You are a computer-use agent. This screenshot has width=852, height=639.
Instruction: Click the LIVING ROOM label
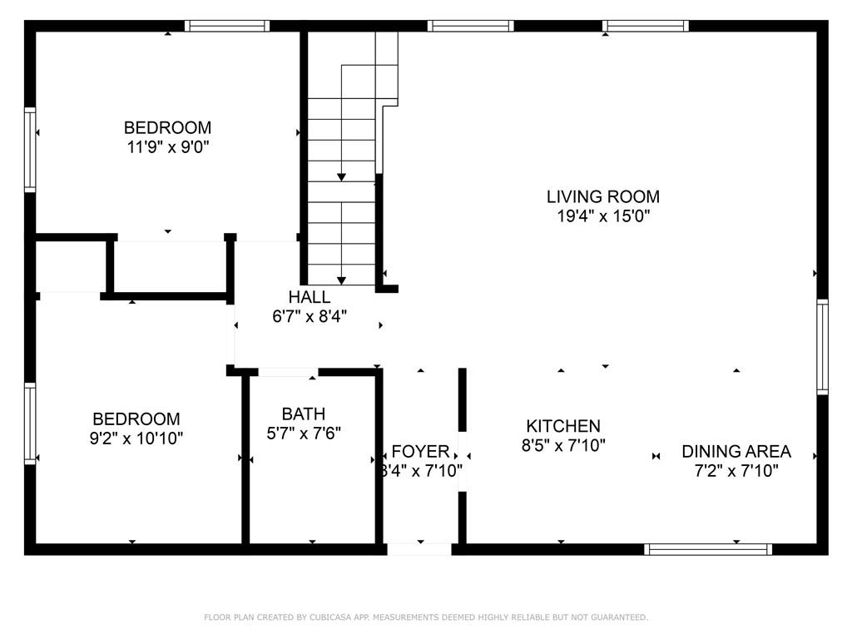pos(602,197)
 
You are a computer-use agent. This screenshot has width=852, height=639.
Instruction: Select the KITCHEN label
pos(562,426)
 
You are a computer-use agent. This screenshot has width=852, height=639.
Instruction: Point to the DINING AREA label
pos(736,452)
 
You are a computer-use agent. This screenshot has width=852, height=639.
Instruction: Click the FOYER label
pos(420,452)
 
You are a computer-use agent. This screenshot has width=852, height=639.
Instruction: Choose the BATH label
pos(303,414)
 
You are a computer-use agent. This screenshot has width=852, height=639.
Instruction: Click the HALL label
pos(309,297)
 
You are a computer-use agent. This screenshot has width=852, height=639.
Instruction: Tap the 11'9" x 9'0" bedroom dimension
pos(167,147)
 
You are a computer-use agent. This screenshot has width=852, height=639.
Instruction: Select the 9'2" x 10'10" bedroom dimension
pos(136,438)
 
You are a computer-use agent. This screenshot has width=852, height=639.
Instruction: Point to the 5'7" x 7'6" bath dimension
pos(303,433)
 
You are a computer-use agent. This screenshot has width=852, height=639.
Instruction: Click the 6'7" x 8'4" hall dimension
pos(309,316)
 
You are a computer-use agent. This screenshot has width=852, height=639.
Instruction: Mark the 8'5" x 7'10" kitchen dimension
pos(562,445)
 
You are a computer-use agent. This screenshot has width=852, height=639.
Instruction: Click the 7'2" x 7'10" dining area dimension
pos(736,471)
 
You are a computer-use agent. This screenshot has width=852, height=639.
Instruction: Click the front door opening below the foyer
pos(419,549)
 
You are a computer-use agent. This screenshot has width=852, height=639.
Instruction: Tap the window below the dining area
pos(709,549)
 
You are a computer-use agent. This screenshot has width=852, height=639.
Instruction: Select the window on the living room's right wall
pos(822,346)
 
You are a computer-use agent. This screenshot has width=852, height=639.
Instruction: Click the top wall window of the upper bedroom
pos(226,26)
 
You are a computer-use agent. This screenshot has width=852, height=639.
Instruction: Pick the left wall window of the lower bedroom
pos(31,423)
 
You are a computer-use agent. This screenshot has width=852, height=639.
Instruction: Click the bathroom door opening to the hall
pos(288,372)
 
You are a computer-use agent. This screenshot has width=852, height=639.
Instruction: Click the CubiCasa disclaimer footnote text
pos(426,617)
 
